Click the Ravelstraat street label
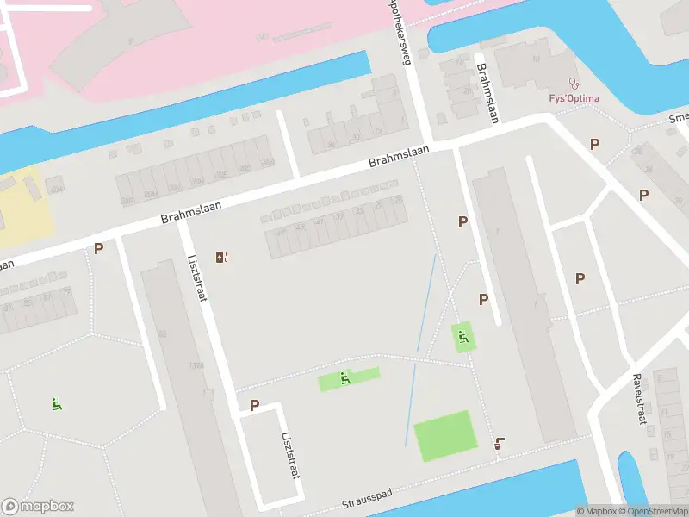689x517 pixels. [x=639, y=399]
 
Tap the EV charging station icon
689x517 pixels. [x=222, y=256]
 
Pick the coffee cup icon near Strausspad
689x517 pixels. [x=499, y=445]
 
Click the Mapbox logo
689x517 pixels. [x=38, y=507]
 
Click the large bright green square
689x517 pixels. [x=444, y=435]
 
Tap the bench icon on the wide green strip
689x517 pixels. [x=345, y=377]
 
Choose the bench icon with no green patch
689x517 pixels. [x=57, y=403]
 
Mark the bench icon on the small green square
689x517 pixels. [x=464, y=337]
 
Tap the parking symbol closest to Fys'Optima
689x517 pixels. [x=594, y=144]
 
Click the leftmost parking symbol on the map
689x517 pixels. [x=98, y=248]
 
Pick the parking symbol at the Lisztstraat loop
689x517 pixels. [x=254, y=405]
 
